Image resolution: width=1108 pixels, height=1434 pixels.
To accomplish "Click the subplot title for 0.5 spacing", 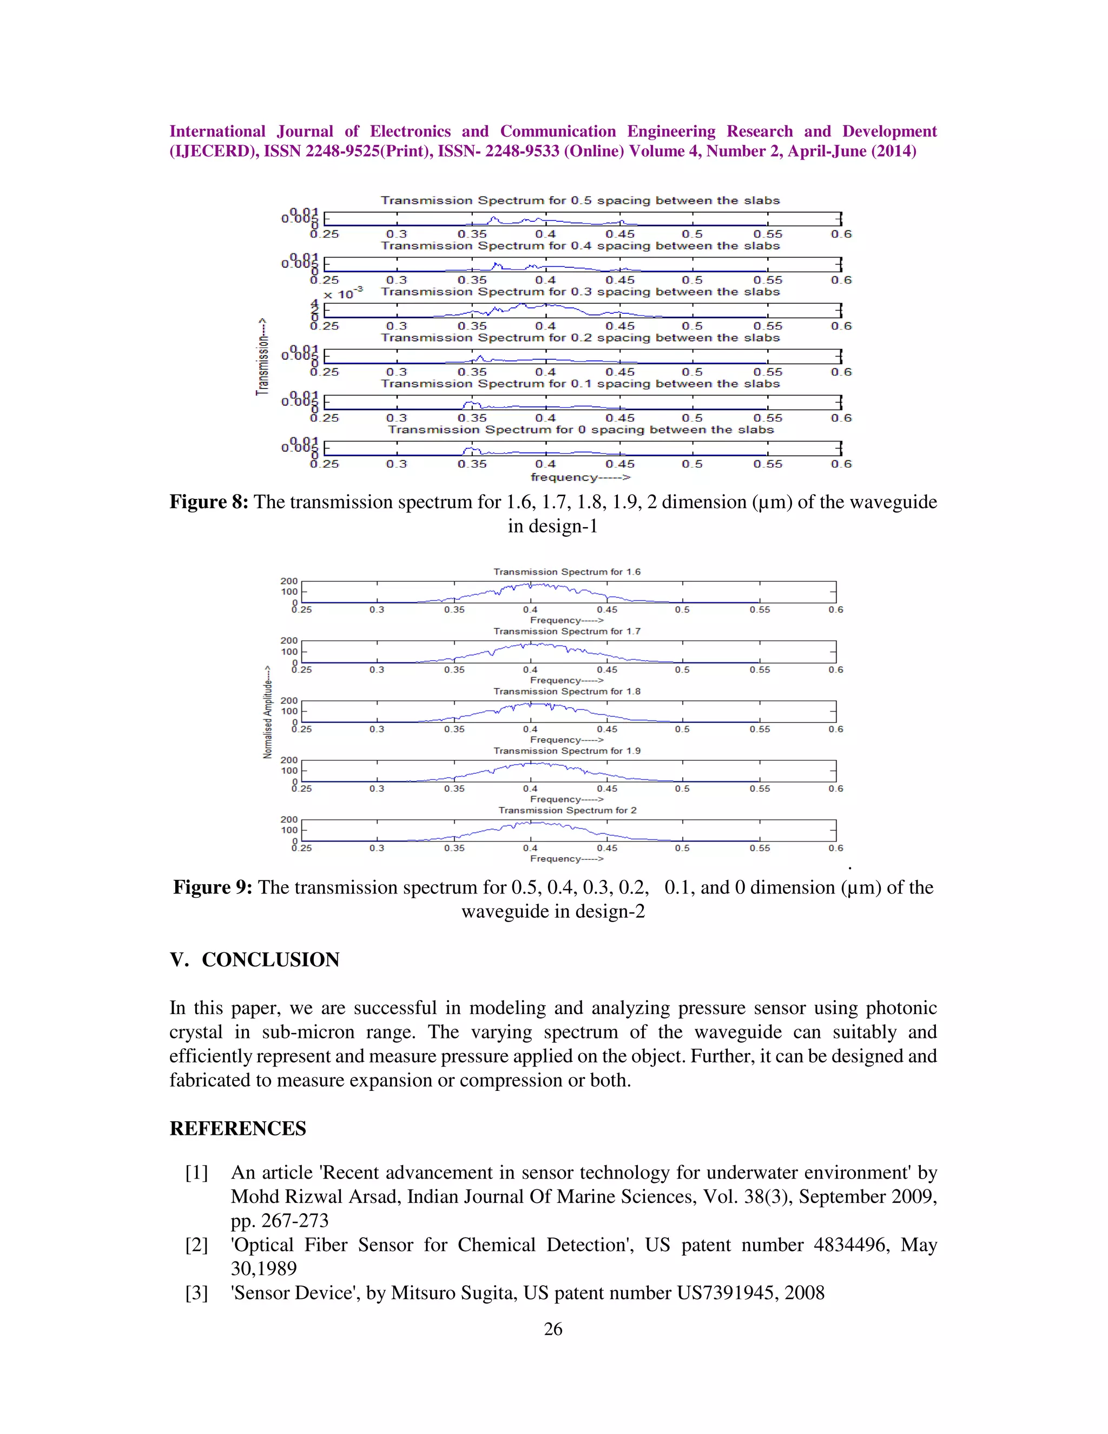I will coord(581,200).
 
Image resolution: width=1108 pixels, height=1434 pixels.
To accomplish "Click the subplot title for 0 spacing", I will coord(581,430).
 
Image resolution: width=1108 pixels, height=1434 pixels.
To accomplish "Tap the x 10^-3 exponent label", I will coord(344,293).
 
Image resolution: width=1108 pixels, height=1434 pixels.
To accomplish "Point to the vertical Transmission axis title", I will coord(262,357).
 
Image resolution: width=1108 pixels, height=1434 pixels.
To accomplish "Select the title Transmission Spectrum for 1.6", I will coord(566,572).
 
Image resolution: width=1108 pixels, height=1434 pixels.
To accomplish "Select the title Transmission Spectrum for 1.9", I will coord(566,751).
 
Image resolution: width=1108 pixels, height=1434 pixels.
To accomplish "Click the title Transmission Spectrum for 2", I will coord(566,810).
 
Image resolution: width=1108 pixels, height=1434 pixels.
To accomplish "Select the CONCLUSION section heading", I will coord(270,960).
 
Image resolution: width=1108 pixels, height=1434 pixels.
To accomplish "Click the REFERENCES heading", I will coord(238,1129).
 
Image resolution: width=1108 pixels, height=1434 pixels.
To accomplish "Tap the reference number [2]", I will coord(196,1245).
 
